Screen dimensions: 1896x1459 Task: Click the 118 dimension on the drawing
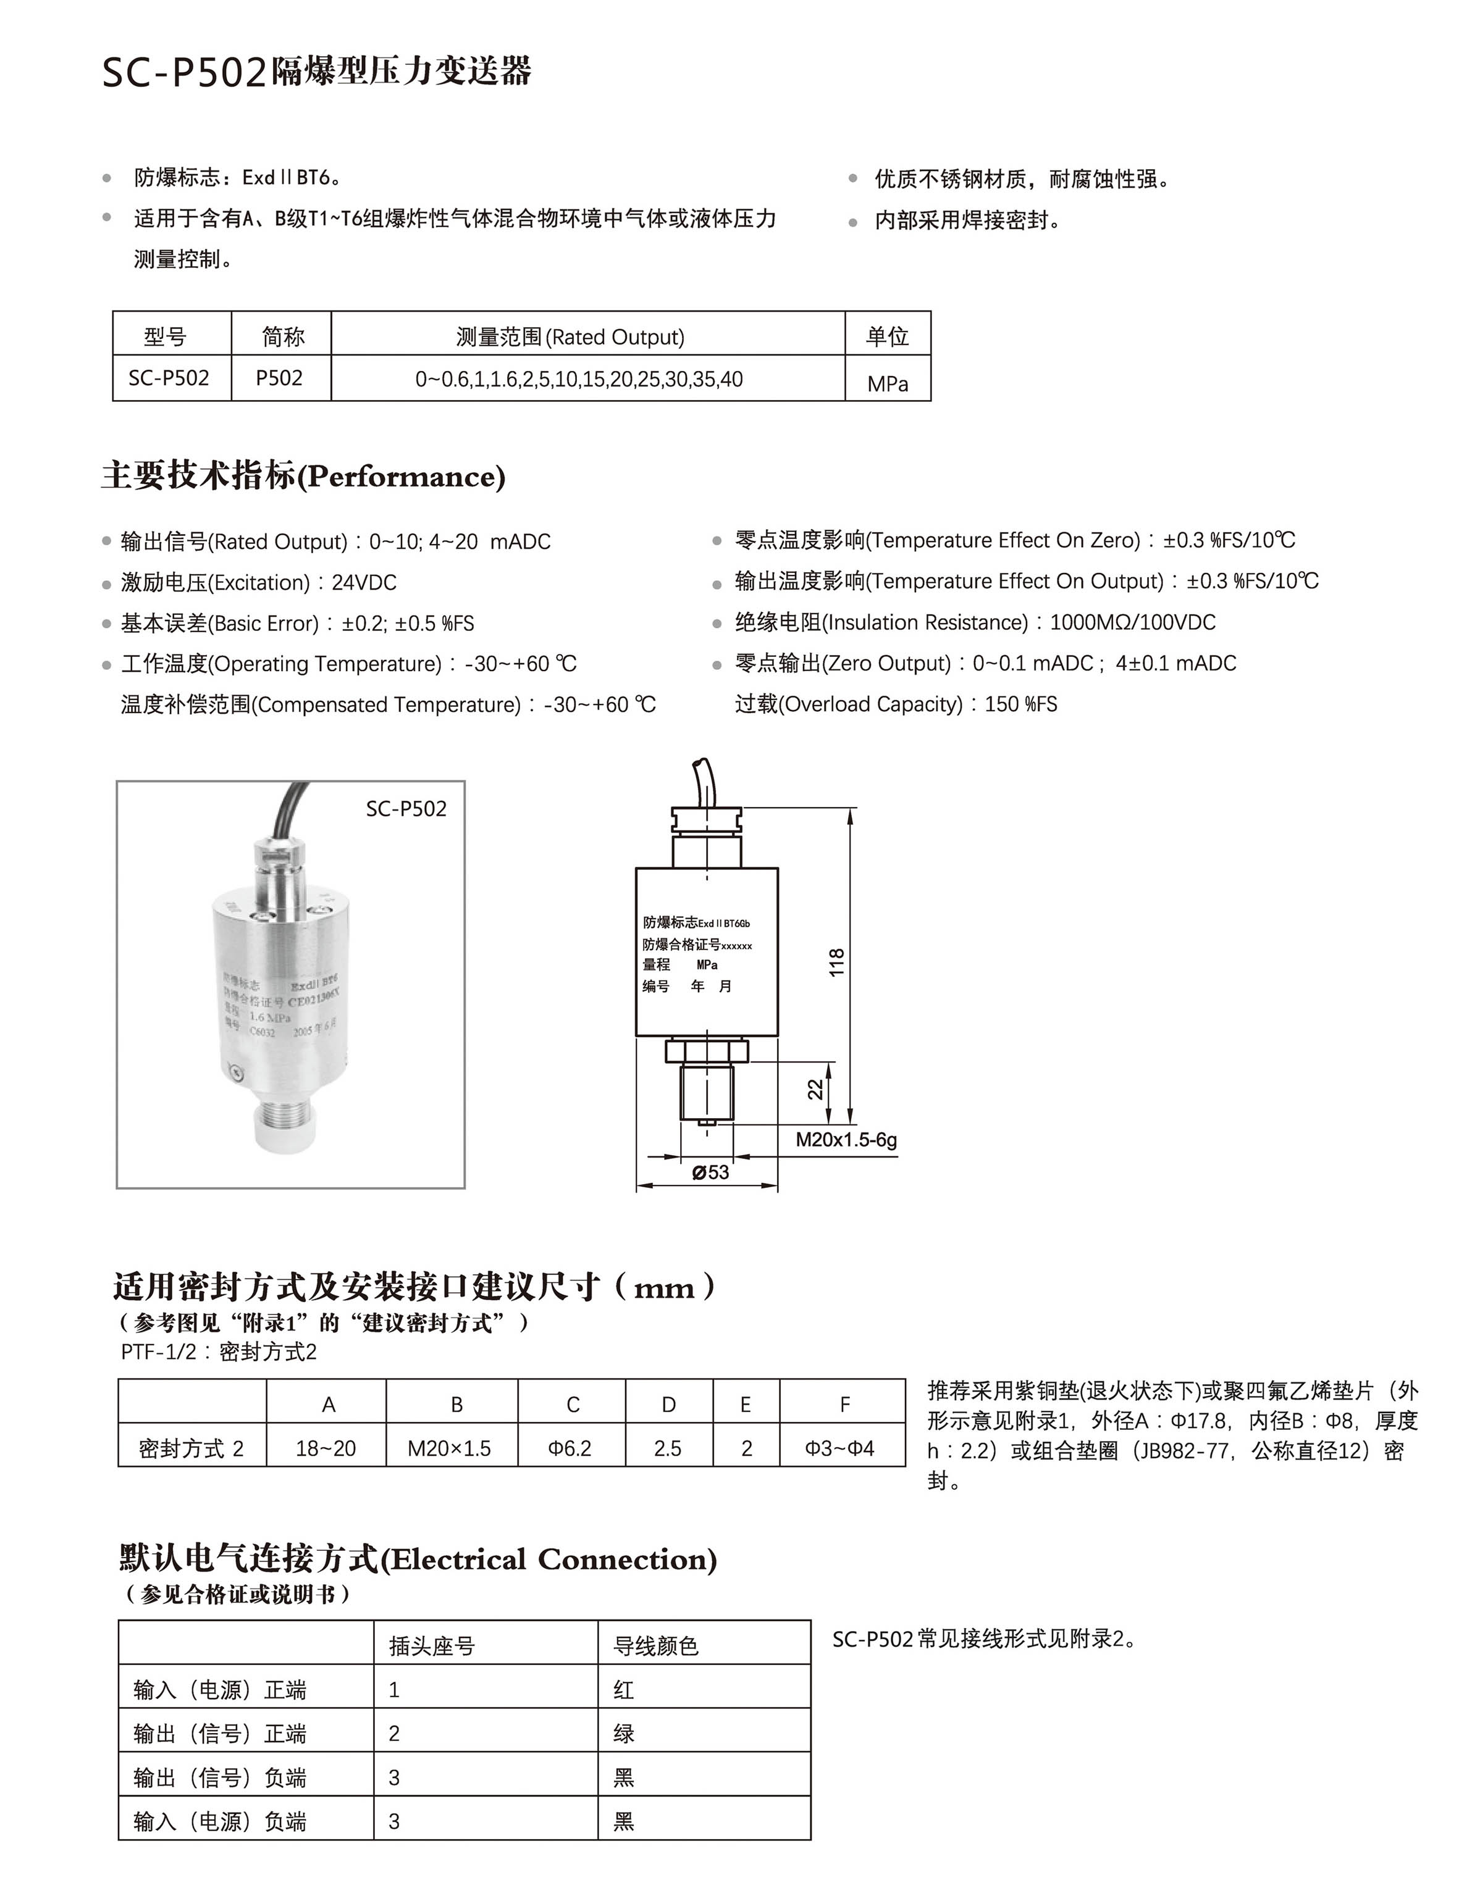(836, 963)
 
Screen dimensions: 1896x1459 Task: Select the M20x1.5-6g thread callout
(846, 1140)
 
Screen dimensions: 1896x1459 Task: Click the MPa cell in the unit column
(888, 384)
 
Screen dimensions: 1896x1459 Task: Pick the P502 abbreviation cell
(280, 378)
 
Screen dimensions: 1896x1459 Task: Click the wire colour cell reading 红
(623, 1689)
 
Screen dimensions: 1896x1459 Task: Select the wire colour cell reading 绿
(623, 1734)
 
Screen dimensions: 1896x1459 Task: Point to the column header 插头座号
(432, 1646)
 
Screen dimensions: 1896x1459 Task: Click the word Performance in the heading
(402, 477)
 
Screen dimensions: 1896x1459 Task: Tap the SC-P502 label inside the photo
(406, 809)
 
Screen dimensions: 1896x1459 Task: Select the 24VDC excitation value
(364, 583)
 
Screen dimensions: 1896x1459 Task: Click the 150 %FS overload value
(1020, 704)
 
